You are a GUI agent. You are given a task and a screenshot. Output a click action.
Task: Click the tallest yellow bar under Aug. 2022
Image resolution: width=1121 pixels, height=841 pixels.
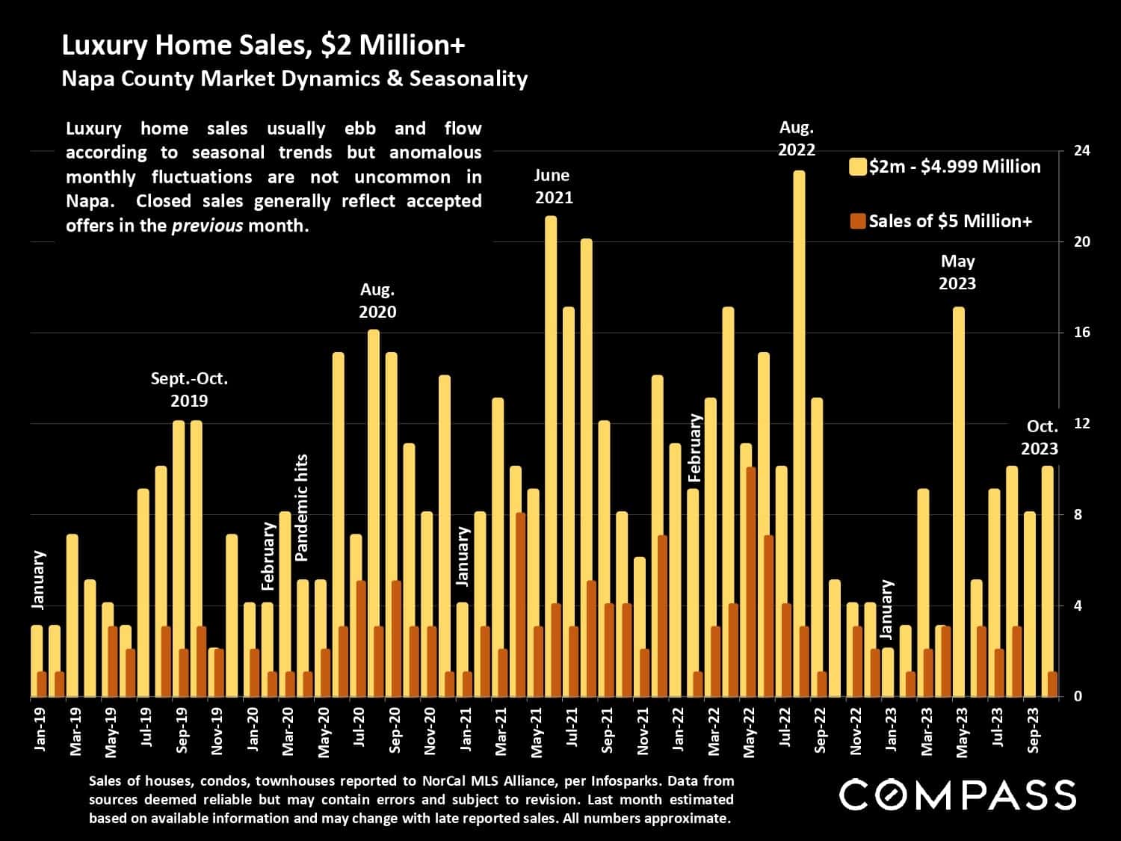[799, 434]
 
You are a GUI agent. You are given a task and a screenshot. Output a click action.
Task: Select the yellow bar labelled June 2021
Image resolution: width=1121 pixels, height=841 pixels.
[551, 456]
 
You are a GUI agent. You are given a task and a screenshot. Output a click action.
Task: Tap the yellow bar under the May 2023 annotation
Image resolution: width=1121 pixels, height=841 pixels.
[958, 501]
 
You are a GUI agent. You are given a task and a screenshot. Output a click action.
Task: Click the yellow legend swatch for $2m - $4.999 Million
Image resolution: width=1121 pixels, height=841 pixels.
[858, 167]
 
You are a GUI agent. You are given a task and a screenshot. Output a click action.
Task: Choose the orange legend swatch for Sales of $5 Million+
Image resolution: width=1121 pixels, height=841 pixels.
[858, 221]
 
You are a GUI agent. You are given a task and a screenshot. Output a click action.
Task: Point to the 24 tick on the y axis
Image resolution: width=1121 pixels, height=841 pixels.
[1081, 151]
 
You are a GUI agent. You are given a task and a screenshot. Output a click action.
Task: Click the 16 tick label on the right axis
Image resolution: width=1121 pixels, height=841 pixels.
[1081, 333]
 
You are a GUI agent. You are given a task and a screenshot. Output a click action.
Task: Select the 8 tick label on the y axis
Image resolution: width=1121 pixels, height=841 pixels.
[1078, 515]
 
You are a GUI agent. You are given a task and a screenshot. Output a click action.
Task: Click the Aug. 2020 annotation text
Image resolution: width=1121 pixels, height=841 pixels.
[377, 301]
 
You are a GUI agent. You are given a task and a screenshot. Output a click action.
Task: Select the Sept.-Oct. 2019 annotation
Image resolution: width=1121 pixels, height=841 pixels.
[189, 389]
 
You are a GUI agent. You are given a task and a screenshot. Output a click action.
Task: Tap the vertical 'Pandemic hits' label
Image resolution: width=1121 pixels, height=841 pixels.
[302, 508]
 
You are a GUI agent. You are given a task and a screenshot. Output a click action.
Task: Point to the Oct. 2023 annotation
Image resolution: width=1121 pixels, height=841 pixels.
[1040, 437]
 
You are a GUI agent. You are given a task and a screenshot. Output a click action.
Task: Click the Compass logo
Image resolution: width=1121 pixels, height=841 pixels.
[957, 795]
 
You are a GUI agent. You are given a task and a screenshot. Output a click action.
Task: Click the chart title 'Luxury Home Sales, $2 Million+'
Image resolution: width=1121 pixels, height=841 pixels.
[263, 46]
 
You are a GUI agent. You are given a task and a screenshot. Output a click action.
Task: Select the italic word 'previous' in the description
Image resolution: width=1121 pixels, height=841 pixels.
[207, 226]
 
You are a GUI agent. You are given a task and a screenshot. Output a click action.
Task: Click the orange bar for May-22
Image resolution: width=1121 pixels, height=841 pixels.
[751, 582]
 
